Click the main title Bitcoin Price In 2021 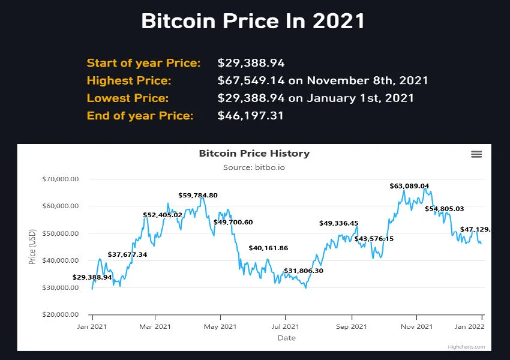253,22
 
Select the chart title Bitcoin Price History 254,153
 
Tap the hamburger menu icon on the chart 476,154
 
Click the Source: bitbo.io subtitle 254,167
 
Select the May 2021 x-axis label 220,326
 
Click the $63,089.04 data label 409,186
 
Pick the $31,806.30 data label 304,271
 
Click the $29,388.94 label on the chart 92,277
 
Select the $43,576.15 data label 374,239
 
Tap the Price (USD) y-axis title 32,247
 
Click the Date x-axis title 286,338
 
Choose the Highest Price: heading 129,80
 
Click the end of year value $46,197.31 251,115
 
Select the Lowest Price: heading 128,98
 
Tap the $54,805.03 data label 445,209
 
